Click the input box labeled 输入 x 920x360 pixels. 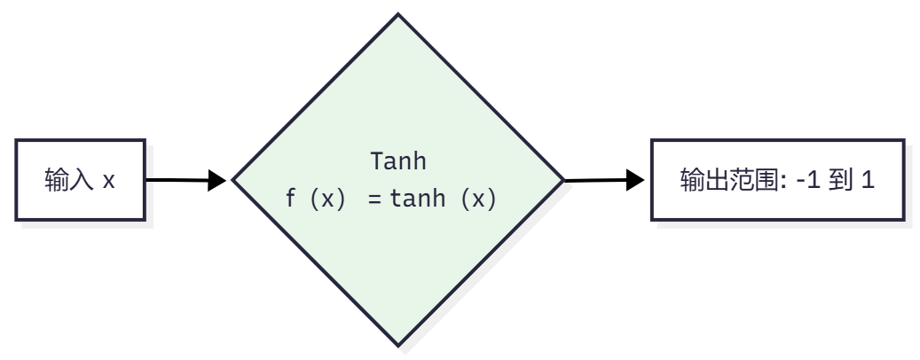(80, 180)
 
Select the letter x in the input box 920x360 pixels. (108, 182)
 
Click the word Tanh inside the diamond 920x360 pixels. (397, 161)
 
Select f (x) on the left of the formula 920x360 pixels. (314, 200)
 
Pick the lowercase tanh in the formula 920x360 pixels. (421, 200)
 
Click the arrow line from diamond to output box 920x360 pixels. (594, 180)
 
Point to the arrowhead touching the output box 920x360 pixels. (634, 180)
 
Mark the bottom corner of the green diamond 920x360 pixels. (397, 344)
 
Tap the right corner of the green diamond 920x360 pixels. (562, 180)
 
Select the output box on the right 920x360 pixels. (778, 180)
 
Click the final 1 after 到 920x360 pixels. (868, 181)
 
